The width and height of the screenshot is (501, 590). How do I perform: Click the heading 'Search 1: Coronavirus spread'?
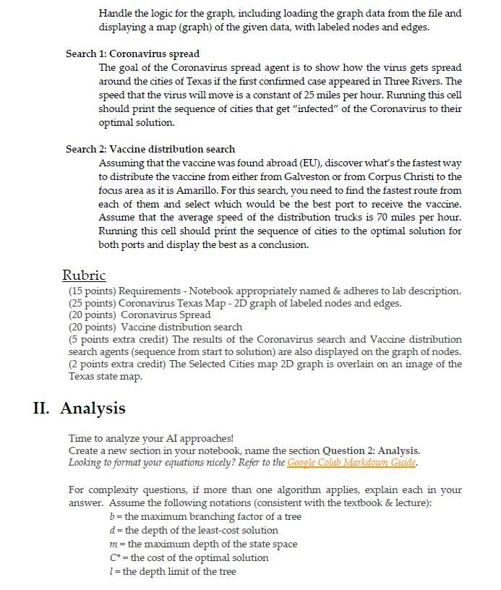[x=132, y=54]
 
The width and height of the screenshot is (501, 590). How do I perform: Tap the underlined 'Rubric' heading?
[x=84, y=275]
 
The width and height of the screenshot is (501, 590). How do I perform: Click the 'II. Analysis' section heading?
[x=80, y=409]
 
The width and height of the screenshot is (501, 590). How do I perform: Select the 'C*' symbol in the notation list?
[x=111, y=557]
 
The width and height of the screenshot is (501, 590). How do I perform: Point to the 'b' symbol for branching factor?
[x=109, y=517]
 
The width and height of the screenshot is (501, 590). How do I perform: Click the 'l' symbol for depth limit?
[x=108, y=571]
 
